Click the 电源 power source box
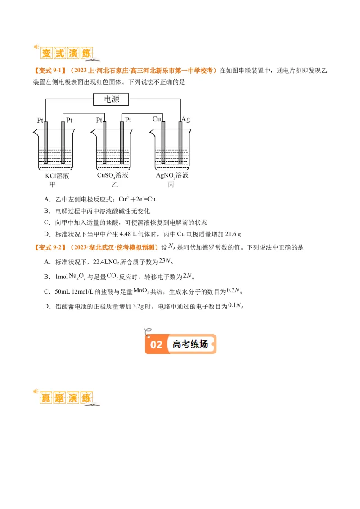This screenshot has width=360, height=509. [x=112, y=99]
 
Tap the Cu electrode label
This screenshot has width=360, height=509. [x=157, y=119]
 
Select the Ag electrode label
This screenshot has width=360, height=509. [x=185, y=119]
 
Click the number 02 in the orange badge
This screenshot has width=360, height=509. [x=156, y=345]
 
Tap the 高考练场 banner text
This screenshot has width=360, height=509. [x=190, y=344]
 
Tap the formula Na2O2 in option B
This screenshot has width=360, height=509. [x=79, y=276]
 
